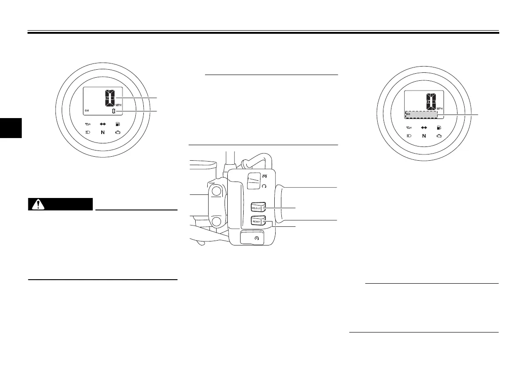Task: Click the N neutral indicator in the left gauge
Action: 103,132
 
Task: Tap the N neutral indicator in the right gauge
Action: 424,136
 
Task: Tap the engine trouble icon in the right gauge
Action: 438,136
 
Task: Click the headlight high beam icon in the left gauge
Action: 88,132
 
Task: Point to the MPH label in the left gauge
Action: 118,105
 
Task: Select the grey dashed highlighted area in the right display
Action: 421,114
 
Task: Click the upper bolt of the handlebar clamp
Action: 216,191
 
